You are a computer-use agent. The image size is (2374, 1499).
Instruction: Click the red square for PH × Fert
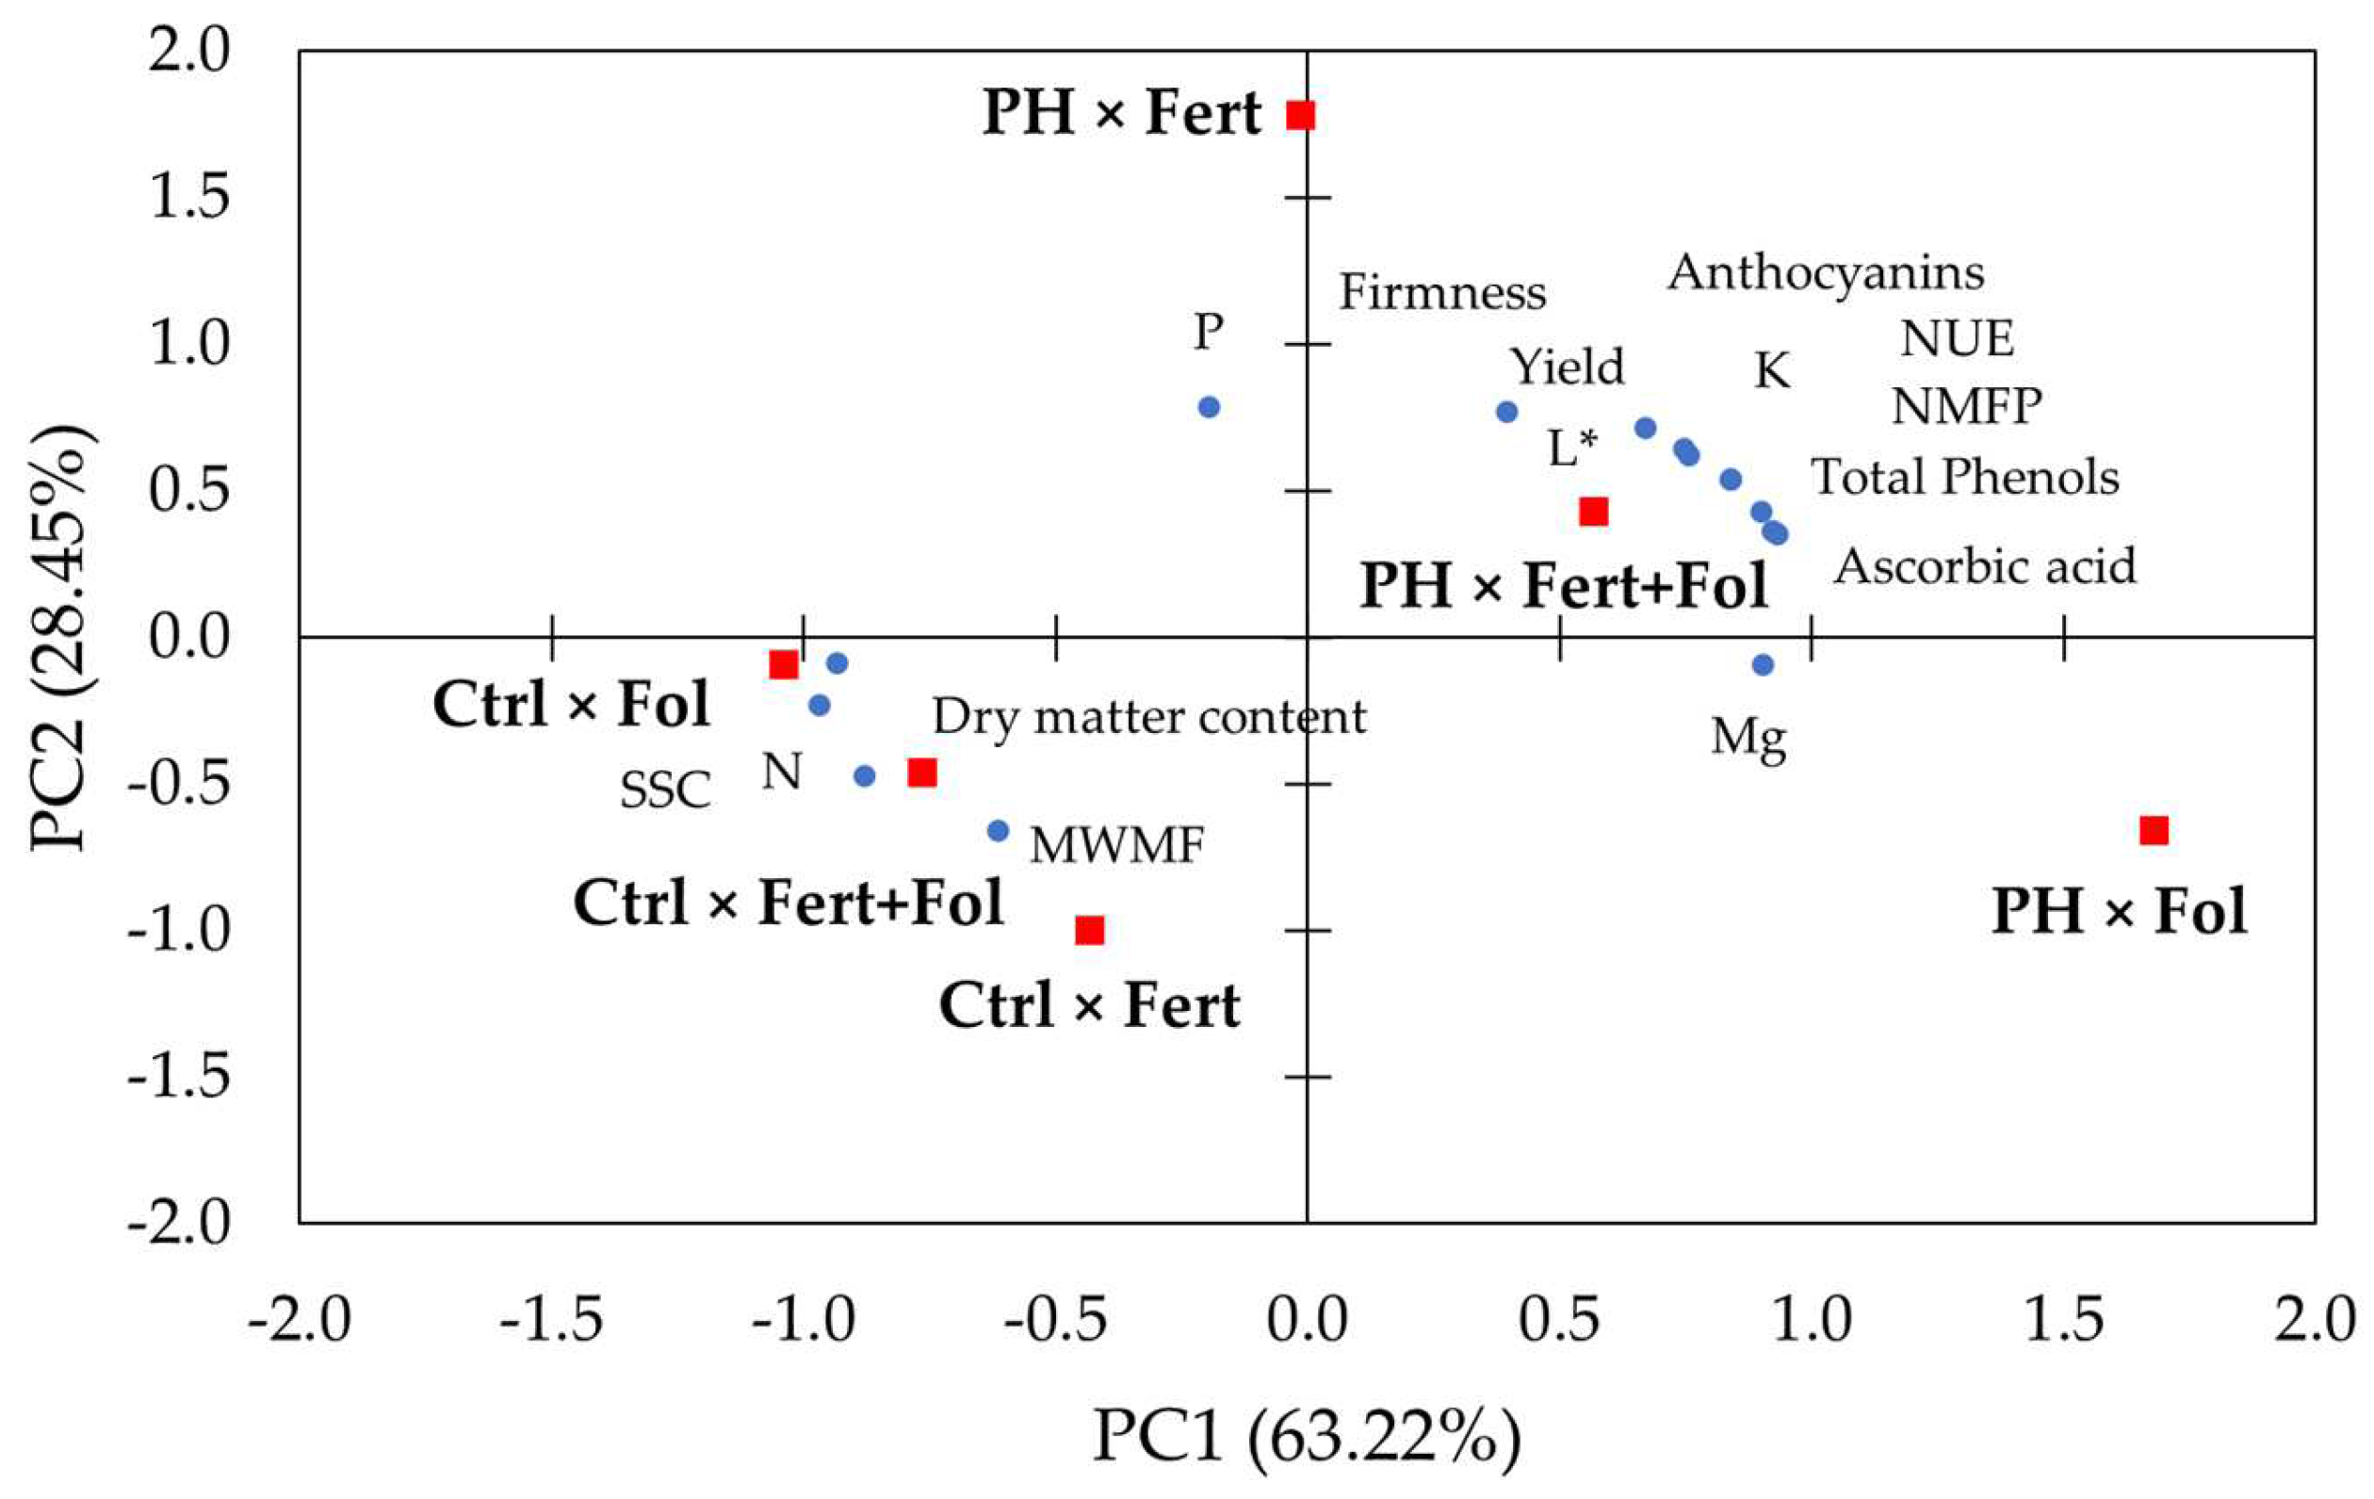[1300, 115]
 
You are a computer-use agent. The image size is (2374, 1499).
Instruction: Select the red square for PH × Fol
[2154, 830]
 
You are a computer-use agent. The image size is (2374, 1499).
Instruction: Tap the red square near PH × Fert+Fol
[1593, 511]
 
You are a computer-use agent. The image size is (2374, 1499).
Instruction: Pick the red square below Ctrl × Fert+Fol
[1089, 930]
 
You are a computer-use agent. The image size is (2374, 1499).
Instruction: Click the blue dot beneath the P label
[1209, 407]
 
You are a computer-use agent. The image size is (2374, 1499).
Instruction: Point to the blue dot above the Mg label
[1764, 664]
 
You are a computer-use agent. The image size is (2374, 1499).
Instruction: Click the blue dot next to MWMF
[998, 830]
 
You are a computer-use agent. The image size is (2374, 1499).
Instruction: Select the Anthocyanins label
[1825, 273]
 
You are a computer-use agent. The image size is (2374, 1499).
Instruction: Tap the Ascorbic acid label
[1985, 567]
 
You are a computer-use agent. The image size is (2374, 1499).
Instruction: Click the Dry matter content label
[1148, 718]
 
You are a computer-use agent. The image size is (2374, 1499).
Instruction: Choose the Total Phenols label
[1965, 478]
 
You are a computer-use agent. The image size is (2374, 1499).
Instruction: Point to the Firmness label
[1441, 293]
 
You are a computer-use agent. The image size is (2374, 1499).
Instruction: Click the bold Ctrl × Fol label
[571, 705]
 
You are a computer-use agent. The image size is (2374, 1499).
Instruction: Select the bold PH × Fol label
[2119, 910]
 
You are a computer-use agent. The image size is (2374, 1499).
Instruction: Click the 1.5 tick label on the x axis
[2063, 1319]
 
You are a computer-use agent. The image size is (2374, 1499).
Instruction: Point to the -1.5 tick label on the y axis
[177, 1076]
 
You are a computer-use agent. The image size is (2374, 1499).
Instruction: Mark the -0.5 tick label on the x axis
[1055, 1319]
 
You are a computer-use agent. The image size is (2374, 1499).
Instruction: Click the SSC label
[665, 790]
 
